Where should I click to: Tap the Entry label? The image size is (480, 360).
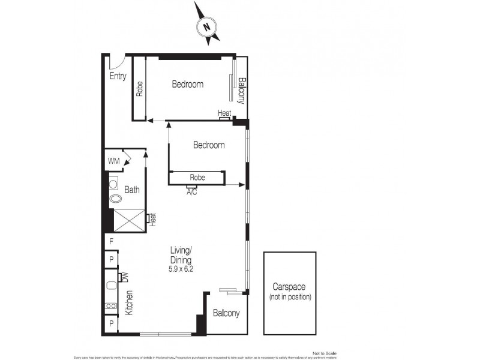pyautogui.click(x=118, y=76)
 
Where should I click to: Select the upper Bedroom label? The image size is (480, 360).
pyautogui.click(x=187, y=85)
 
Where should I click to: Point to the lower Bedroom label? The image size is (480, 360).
pyautogui.click(x=209, y=145)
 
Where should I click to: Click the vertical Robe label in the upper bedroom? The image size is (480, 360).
pyautogui.click(x=139, y=89)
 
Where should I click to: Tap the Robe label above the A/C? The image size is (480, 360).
pyautogui.click(x=197, y=178)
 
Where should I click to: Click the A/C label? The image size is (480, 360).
pyautogui.click(x=192, y=193)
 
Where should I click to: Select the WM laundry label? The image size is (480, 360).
pyautogui.click(x=113, y=161)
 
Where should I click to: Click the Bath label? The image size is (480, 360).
pyautogui.click(x=132, y=190)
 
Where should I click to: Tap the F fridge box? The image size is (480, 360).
pyautogui.click(x=112, y=242)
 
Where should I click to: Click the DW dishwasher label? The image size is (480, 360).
pyautogui.click(x=126, y=277)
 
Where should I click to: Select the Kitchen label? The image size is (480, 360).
pyautogui.click(x=129, y=303)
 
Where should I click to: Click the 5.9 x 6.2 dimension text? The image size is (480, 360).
pyautogui.click(x=181, y=269)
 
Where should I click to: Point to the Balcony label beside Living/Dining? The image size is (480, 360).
pyautogui.click(x=226, y=313)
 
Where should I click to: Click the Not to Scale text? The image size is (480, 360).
pyautogui.click(x=326, y=353)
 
